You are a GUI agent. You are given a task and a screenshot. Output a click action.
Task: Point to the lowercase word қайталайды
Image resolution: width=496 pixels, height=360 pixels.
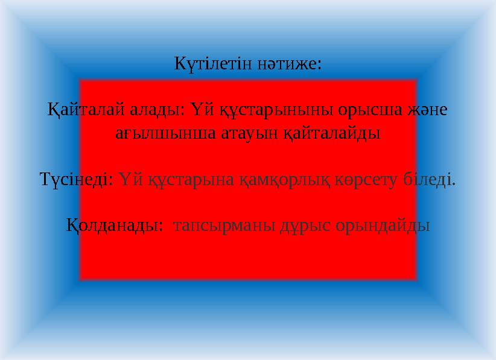point(332,132)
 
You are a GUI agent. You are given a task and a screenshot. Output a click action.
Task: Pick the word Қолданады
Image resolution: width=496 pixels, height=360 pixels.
point(113,226)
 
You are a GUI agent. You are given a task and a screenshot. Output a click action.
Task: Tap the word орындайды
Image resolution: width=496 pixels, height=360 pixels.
point(384,226)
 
